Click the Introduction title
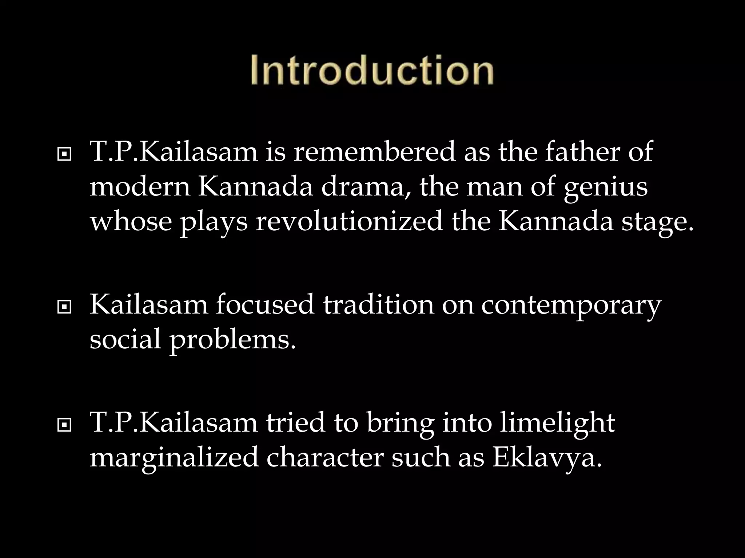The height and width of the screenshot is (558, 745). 372,70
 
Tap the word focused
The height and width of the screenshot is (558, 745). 265,304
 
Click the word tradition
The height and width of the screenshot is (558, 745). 378,304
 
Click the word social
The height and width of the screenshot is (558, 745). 125,339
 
